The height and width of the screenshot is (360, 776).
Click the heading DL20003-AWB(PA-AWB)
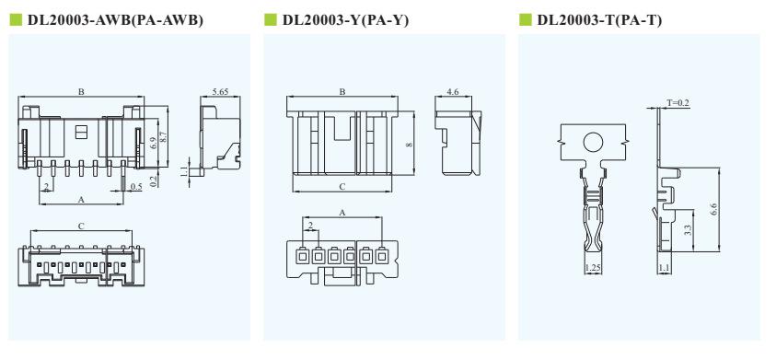click(115, 20)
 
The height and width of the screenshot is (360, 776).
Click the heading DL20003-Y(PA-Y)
click(345, 20)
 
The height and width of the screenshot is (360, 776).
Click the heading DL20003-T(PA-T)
click(599, 20)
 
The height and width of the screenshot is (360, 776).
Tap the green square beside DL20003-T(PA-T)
click(525, 20)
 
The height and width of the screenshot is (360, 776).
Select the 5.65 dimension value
click(220, 91)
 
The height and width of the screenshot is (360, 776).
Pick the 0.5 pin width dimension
click(136, 186)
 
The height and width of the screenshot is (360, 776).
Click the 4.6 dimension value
click(452, 91)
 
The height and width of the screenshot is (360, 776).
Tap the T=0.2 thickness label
click(678, 103)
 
